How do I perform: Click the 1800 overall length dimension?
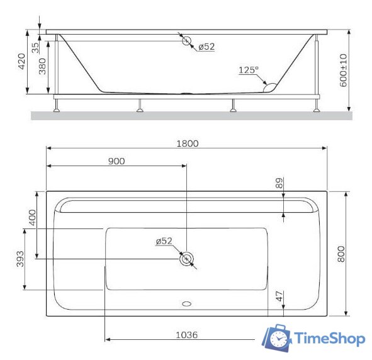(187, 143)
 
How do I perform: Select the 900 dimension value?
(116, 160)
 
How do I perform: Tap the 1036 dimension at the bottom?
(186, 335)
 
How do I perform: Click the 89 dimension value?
(279, 184)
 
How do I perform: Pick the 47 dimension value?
(279, 296)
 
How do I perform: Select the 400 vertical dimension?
(33, 218)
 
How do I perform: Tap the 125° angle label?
(249, 70)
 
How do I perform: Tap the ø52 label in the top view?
(164, 241)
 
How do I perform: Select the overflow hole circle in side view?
(187, 41)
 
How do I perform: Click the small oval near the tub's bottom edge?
(186, 303)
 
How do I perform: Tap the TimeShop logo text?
(330, 339)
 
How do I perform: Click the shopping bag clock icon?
(278, 339)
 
